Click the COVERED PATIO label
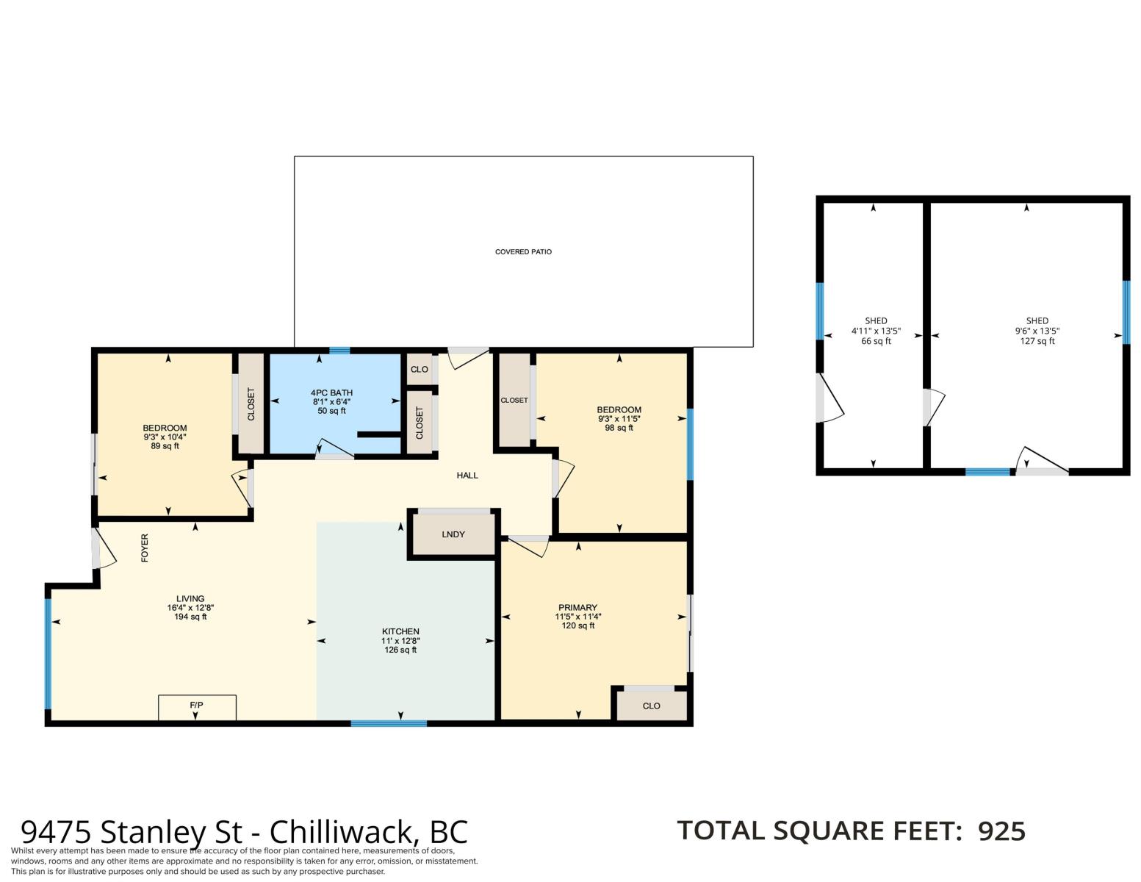coord(523,251)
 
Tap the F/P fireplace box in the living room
coord(197,707)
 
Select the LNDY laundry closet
coord(453,534)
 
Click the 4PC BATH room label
coord(331,392)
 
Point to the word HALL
coord(467,476)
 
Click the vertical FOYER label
coord(145,548)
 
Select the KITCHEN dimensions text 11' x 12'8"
coord(400,641)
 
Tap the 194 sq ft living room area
coord(190,617)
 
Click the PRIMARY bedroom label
coord(577,607)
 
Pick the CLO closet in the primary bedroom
coord(651,706)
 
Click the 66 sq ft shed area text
coord(876,341)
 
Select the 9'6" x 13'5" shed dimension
coord(1037,331)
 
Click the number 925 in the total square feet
coord(1001,831)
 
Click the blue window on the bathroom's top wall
coord(339,351)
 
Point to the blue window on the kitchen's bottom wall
coord(389,723)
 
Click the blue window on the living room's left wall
coord(48,654)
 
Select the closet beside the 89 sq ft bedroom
coord(251,404)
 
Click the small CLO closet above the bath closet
coord(419,369)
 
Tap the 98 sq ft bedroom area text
coord(619,428)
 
